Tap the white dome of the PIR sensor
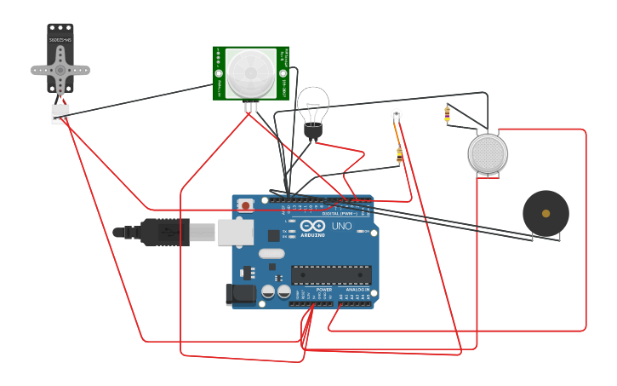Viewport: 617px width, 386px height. tap(250, 72)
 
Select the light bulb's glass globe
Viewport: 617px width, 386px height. tap(312, 103)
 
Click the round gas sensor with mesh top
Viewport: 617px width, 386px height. tap(488, 153)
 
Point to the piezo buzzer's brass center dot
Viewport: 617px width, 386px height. tap(545, 213)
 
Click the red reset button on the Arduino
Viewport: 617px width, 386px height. tap(246, 205)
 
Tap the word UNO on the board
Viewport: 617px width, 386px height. tap(341, 227)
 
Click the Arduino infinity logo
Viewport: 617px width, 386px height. tap(312, 226)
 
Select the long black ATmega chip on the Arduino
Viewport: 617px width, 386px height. tap(331, 274)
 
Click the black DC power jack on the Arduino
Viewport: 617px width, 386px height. tap(241, 294)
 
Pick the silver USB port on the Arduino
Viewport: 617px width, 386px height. tap(236, 232)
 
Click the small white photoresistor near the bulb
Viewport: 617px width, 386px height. tap(396, 113)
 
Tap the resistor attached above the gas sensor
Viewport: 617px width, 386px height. tap(448, 114)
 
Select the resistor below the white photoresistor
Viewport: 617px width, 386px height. tap(399, 155)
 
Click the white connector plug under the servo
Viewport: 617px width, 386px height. tap(60, 113)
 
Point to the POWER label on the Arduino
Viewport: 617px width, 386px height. tap(324, 290)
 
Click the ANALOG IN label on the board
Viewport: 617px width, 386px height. tap(357, 290)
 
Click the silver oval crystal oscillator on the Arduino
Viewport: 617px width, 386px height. tap(271, 253)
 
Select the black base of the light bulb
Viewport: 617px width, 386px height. tap(313, 130)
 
